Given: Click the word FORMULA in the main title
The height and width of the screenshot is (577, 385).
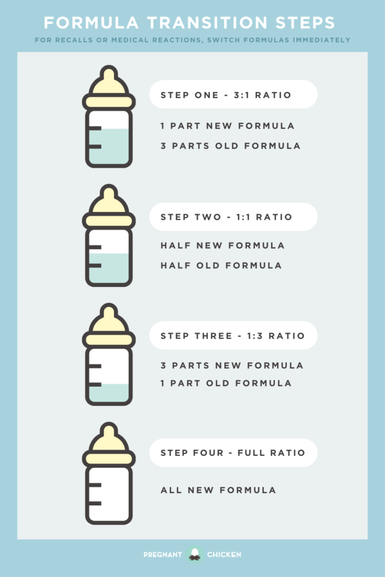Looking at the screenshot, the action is pos(91,23).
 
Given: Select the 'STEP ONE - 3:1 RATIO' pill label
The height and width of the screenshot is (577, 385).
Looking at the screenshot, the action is pos(233,95).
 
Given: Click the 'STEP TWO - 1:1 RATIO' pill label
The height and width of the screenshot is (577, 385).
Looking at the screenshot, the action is pos(233,217).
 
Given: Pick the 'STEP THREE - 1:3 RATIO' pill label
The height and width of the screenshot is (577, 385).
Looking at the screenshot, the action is pos(233,336).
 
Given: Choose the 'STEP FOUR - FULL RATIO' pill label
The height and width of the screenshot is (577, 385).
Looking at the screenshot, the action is pos(233,452).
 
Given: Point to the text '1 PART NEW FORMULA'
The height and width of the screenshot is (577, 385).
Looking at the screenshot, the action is pos(228,126).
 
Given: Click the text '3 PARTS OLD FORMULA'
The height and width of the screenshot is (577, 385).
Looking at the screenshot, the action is pos(231,146).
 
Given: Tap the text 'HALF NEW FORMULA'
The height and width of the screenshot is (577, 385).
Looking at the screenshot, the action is pos(223,246).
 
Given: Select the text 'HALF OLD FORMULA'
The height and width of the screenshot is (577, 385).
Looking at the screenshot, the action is pos(221,265).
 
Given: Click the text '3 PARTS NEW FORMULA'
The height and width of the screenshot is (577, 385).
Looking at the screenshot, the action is pos(232,365).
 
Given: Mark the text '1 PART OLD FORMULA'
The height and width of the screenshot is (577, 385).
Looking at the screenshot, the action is pos(226,383).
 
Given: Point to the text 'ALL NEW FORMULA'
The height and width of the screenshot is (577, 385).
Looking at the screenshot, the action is pos(218,490).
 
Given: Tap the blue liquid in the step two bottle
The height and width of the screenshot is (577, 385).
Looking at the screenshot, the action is pos(109,268).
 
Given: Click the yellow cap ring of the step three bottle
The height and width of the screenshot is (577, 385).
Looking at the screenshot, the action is pos(109,340).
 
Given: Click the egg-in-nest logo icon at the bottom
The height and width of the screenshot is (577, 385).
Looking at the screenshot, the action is pos(194,554).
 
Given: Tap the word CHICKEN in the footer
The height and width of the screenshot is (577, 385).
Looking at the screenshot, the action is pos(224,554).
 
